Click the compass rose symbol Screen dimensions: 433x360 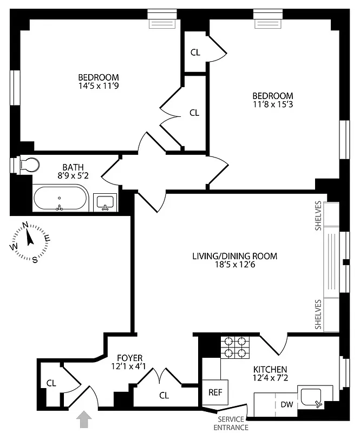(30, 241)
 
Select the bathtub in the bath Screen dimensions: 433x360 (60, 198)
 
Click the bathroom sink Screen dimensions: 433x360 (104, 202)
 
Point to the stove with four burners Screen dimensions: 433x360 (235, 347)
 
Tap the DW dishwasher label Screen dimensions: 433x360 (286, 404)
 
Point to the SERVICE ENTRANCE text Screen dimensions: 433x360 (231, 423)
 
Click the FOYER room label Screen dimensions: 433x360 (130, 358)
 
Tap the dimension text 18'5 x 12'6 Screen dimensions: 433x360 (234, 265)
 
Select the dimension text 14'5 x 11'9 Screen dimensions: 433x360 (98, 86)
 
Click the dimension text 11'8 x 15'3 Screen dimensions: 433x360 (272, 104)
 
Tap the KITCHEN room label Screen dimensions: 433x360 (270, 369)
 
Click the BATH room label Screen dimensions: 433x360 (73, 167)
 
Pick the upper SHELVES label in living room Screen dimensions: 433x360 (318, 216)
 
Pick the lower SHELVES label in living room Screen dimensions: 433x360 (318, 314)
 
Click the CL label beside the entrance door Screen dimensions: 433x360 (51, 383)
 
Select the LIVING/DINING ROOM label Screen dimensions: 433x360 (234, 256)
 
